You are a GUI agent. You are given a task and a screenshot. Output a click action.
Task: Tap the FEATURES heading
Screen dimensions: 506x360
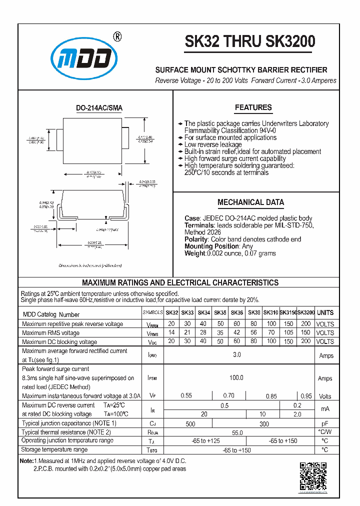[253, 107]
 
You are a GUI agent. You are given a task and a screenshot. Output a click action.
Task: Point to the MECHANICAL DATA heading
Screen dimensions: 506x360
[250, 202]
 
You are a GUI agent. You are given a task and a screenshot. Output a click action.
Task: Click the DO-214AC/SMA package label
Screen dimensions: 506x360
[99, 108]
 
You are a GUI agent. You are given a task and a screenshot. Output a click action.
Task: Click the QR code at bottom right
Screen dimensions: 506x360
[313, 476]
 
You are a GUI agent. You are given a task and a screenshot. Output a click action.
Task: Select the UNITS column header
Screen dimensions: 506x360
[325, 312]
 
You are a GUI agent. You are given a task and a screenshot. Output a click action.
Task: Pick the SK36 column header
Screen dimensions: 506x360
[237, 312]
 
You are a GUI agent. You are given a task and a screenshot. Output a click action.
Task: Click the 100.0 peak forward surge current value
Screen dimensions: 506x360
[236, 378]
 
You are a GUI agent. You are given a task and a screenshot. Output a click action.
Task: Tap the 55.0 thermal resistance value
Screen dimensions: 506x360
[237, 432]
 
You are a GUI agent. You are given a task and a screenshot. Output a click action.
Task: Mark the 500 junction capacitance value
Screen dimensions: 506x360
[190, 424]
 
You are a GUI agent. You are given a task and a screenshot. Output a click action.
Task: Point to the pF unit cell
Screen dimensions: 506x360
[325, 423]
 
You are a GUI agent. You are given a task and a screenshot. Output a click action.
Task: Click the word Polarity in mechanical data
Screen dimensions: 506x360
[196, 239]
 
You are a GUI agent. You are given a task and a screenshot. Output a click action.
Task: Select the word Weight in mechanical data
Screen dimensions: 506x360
[195, 253]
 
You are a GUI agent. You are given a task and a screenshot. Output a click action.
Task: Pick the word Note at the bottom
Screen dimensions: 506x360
[26, 460]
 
